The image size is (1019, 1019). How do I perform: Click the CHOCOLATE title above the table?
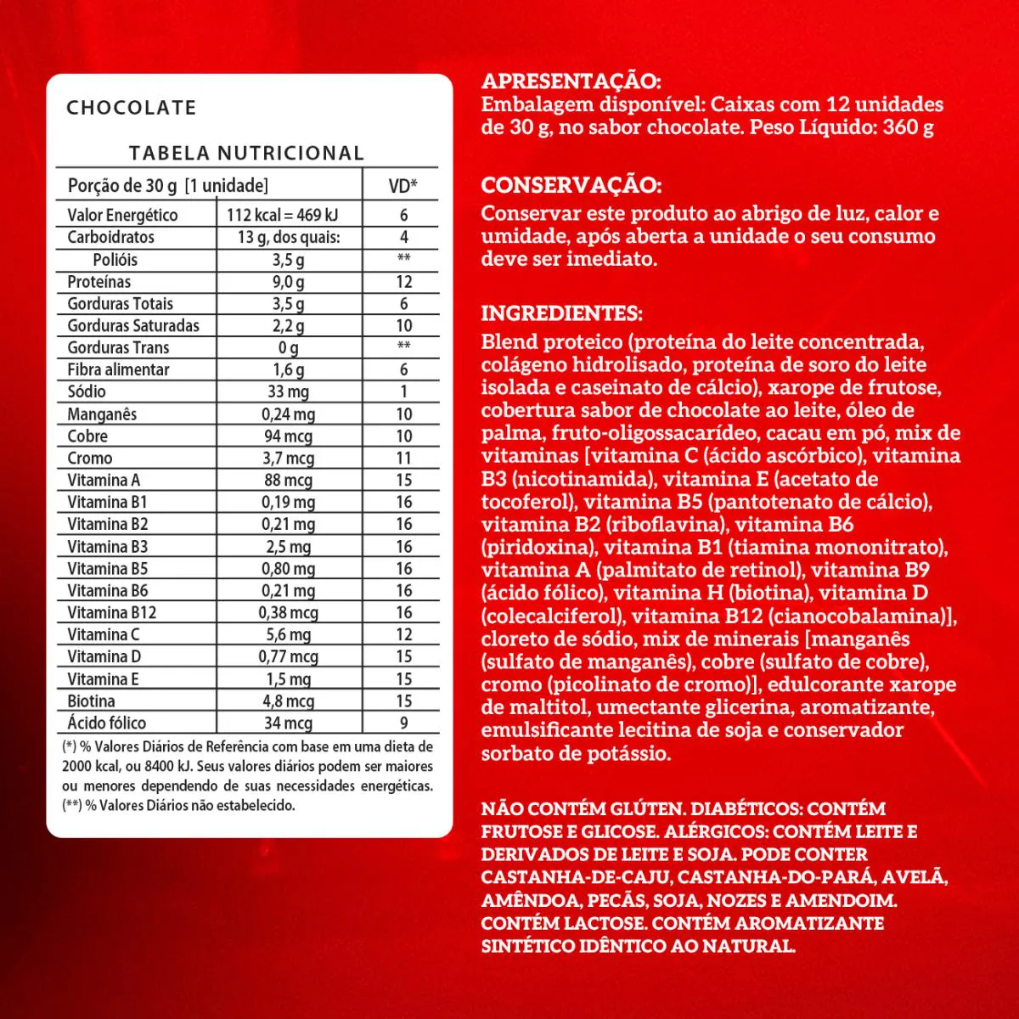tap(132, 108)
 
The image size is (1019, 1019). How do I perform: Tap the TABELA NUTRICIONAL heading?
tap(246, 153)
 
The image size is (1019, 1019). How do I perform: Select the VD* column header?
tap(403, 186)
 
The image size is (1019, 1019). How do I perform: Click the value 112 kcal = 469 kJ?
tap(282, 215)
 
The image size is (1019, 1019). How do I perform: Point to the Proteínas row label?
tap(99, 282)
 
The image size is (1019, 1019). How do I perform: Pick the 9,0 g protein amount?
tap(288, 282)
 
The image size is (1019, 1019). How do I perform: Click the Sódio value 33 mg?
tap(288, 391)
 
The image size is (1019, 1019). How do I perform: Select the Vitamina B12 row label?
tap(112, 612)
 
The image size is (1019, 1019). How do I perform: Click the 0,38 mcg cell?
tap(288, 612)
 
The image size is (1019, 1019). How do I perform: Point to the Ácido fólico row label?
tap(107, 723)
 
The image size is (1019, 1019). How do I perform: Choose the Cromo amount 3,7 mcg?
tap(288, 458)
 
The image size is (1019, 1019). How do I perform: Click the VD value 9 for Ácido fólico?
tap(403, 723)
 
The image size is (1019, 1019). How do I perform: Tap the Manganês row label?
tap(102, 414)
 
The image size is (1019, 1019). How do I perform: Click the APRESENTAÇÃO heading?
tap(571, 82)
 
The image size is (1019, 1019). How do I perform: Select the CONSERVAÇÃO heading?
tap(571, 185)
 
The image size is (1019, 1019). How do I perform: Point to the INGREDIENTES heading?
tap(561, 313)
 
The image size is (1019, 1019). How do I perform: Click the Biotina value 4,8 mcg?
tap(288, 701)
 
